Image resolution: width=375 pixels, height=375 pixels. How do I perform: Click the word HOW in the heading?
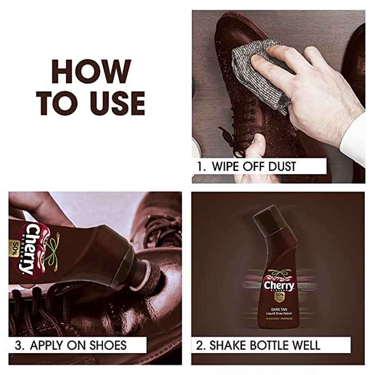coord(91,72)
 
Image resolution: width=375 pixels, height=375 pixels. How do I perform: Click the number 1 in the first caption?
coord(200,166)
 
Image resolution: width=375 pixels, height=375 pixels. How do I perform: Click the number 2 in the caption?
coord(200,345)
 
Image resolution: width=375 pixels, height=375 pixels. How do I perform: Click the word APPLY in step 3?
coord(49,345)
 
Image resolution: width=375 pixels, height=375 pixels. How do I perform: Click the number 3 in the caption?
coord(18,345)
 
